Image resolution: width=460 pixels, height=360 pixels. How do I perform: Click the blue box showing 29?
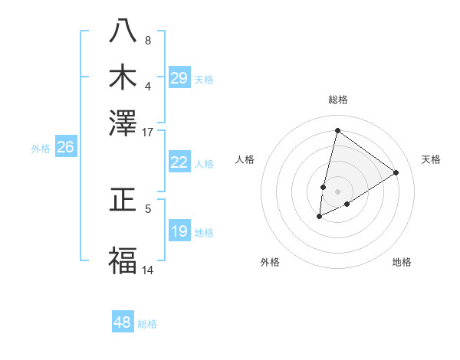[179, 77]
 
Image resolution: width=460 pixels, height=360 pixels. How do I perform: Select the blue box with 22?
[179, 162]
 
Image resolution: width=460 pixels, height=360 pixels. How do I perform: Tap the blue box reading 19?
[179, 231]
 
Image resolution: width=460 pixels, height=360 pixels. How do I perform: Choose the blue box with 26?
[65, 148]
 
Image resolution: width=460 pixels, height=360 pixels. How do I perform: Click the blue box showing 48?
[123, 322]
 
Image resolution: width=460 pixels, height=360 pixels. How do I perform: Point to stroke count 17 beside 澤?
[147, 132]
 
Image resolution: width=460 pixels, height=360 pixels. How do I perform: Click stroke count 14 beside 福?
[147, 270]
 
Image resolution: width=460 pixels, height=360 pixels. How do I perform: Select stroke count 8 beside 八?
[148, 40]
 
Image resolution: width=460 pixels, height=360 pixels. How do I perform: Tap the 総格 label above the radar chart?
[337, 100]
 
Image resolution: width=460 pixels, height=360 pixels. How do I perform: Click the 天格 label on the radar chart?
[431, 159]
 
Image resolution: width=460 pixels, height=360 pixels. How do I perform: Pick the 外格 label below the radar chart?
[270, 262]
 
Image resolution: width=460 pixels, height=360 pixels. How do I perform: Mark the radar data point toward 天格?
[396, 172]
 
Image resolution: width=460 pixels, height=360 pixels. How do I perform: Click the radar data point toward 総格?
[337, 130]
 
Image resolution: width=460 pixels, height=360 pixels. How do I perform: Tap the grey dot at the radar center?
[337, 191]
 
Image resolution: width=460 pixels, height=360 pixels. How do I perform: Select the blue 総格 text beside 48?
[147, 324]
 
